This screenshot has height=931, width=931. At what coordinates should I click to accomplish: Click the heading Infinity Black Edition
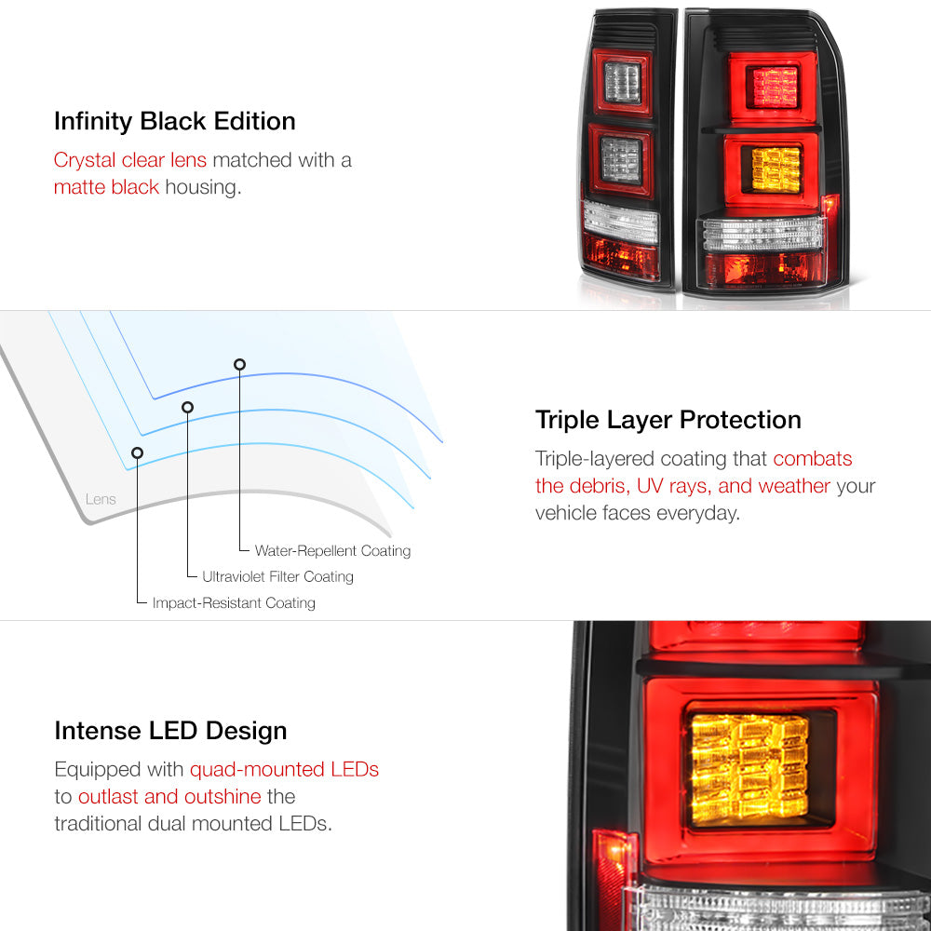click(x=175, y=122)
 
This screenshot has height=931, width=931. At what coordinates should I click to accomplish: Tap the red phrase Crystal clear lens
click(x=130, y=160)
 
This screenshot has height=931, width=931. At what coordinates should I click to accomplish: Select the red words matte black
click(x=106, y=187)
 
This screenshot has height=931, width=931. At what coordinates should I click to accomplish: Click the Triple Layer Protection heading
click(x=668, y=421)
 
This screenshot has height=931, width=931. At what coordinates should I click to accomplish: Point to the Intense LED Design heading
click(x=170, y=731)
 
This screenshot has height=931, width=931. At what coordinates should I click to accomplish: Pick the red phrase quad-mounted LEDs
click(x=284, y=770)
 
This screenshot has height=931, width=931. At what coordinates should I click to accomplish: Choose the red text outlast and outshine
click(x=169, y=796)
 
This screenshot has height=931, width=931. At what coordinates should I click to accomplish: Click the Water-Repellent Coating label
click(x=332, y=551)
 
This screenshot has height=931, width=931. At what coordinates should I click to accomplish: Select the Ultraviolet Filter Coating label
click(x=277, y=576)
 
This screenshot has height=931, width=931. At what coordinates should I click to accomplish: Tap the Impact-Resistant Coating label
click(x=234, y=603)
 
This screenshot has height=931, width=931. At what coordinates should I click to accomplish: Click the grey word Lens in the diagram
click(x=101, y=499)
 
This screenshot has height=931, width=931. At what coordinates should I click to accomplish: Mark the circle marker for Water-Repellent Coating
click(x=240, y=365)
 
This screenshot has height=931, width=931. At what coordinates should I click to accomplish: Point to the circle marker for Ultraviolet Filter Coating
click(x=188, y=408)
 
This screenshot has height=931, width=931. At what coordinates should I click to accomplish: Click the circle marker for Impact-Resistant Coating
click(x=137, y=453)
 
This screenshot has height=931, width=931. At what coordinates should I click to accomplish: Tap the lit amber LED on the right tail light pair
click(x=776, y=169)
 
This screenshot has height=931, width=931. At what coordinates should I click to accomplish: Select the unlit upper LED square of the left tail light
click(x=623, y=82)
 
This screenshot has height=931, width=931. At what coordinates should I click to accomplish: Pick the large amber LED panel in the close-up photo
click(x=750, y=770)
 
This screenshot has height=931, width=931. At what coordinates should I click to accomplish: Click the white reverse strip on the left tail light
click(x=621, y=223)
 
